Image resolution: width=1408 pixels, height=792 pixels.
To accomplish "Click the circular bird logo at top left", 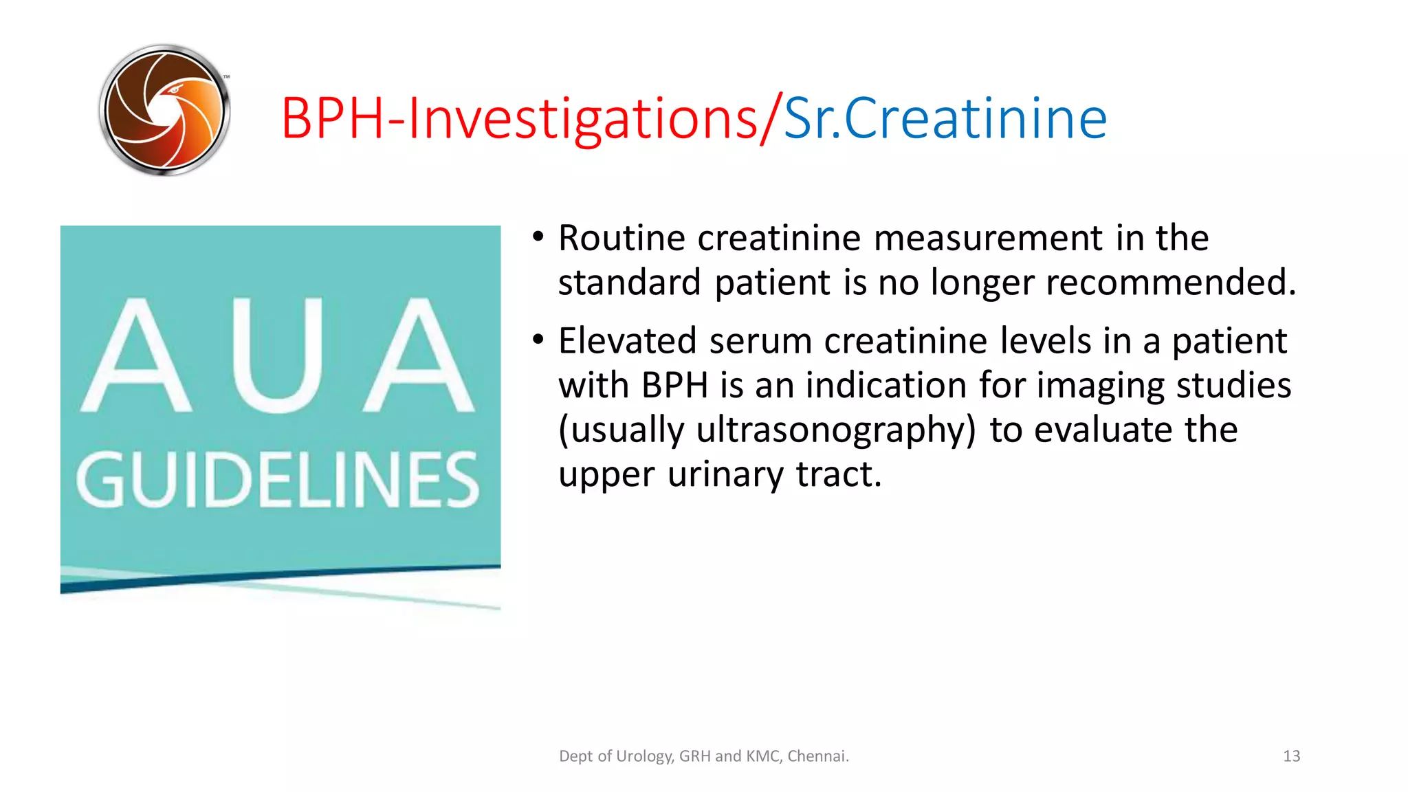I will coord(164,111).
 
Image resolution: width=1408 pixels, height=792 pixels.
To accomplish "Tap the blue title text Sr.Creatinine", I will coord(945,119).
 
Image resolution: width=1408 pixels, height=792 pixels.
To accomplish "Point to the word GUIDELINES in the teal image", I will coord(278,481).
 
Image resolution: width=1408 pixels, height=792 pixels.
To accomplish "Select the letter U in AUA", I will coord(277,355).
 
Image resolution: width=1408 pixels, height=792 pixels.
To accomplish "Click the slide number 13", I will coord(1291,756).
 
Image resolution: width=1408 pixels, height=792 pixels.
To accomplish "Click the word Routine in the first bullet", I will coord(621,239).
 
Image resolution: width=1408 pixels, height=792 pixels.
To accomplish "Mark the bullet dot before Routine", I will coord(538,237).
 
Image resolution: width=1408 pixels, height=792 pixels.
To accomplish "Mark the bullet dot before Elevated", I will coord(538,340).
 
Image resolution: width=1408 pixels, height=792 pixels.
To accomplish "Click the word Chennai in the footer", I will coord(817,756).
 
